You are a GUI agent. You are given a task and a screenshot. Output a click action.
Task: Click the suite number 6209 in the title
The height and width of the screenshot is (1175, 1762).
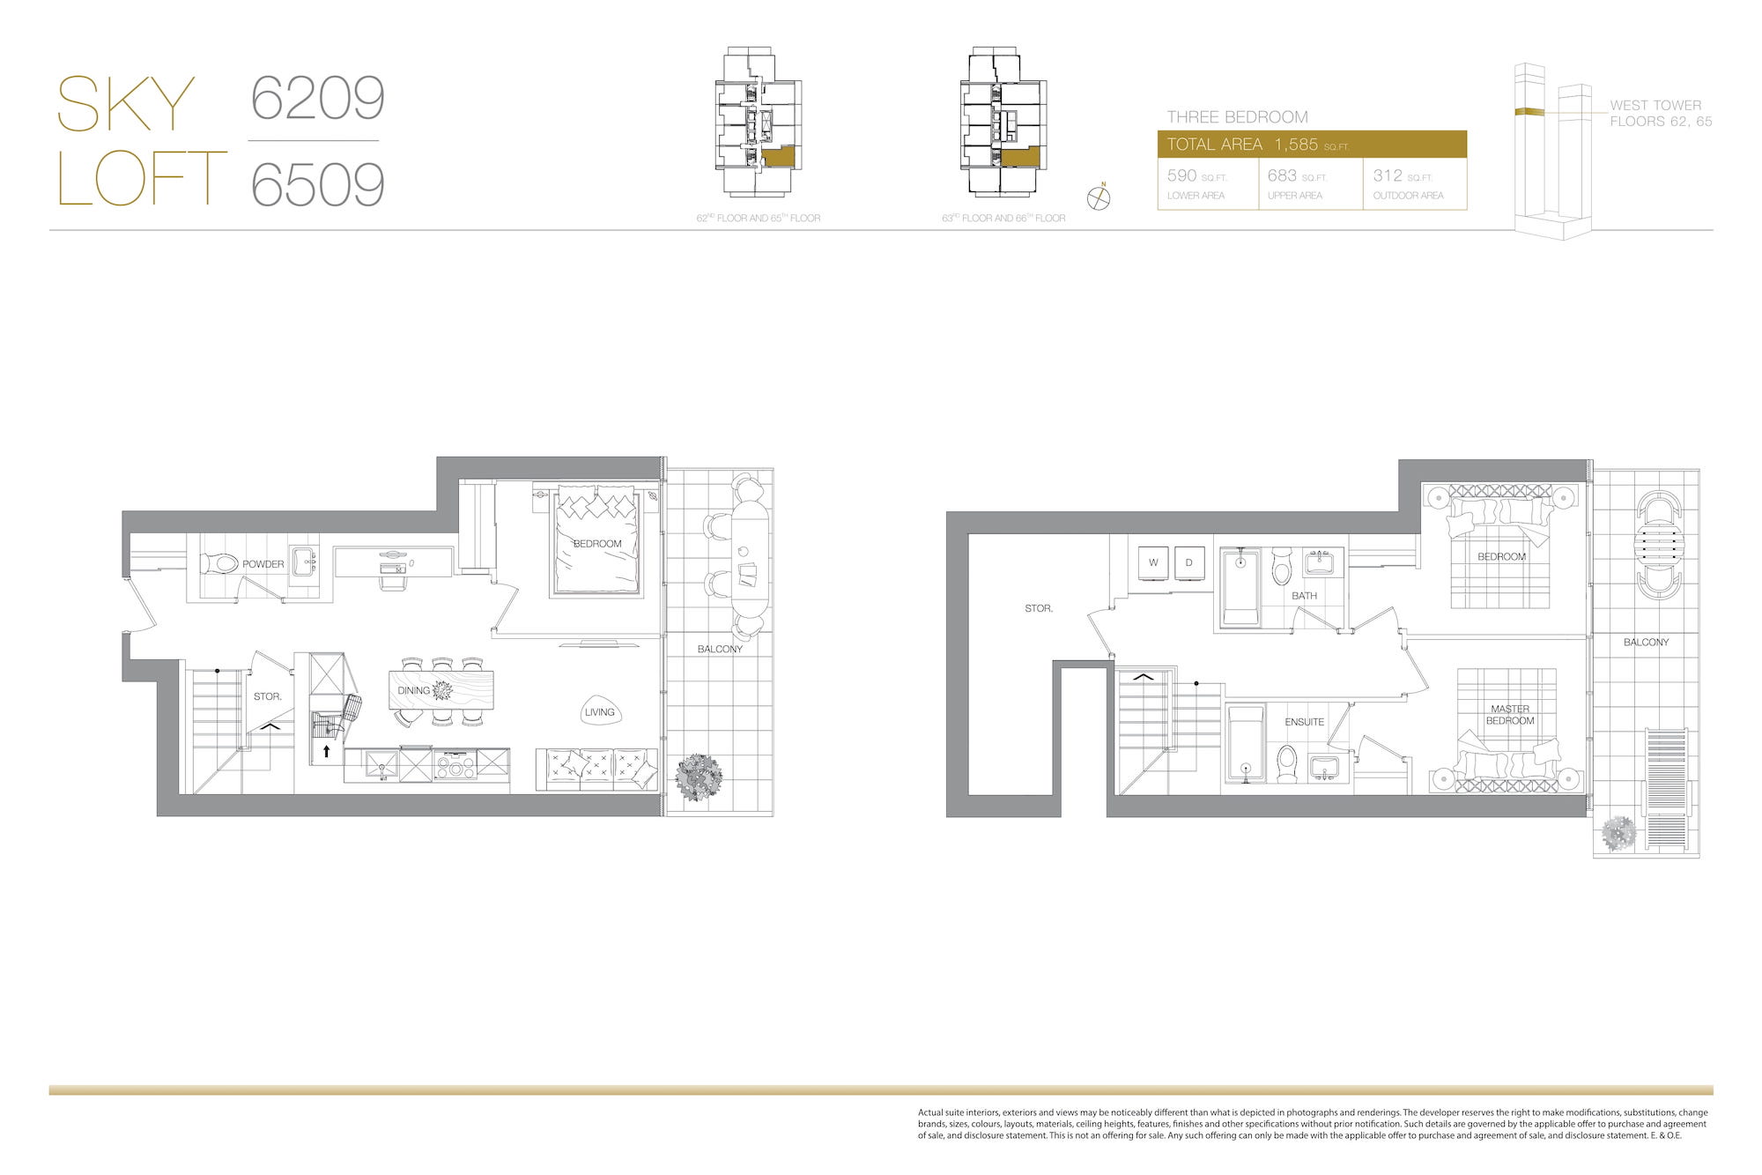[318, 98]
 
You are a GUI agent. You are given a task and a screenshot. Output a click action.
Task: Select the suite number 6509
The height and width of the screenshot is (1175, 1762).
[318, 184]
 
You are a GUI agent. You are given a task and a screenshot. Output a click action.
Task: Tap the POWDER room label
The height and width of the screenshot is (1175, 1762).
[263, 564]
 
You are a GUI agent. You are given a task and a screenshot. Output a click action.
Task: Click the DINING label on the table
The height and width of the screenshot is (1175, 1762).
[413, 690]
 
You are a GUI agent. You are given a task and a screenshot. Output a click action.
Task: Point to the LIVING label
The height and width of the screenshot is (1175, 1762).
[600, 712]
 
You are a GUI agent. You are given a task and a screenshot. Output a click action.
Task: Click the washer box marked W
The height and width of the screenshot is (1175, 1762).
[1153, 562]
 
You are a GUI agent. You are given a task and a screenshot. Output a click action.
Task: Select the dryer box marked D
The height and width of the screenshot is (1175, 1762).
[1189, 562]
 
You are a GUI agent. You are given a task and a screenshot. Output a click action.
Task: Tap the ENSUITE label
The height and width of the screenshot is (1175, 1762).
[1304, 722]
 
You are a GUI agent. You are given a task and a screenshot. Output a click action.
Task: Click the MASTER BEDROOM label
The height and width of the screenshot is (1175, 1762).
[1510, 715]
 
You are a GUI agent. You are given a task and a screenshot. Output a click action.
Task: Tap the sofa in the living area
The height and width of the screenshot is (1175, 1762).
[596, 769]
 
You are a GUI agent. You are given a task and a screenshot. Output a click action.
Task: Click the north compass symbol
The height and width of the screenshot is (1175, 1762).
[1099, 197]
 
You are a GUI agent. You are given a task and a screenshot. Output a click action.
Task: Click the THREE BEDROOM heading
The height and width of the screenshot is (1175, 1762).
[1237, 117]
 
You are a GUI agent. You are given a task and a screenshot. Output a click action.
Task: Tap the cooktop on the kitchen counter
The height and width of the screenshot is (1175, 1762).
[455, 764]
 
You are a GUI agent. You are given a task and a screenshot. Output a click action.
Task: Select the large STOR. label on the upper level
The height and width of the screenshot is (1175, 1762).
[1039, 608]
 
